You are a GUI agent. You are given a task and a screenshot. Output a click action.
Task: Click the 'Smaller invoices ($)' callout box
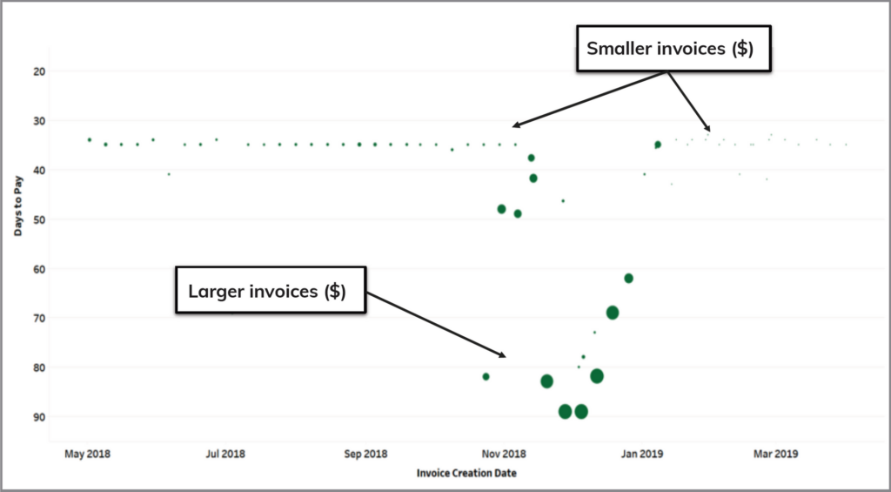[x=669, y=49]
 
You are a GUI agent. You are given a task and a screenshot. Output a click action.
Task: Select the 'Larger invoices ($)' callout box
[x=266, y=291]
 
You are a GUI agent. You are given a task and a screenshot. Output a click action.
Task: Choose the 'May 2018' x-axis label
[x=88, y=454]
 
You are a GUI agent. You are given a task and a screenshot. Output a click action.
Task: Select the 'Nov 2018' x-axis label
[x=505, y=454]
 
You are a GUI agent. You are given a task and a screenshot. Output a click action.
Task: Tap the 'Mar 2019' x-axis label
[x=775, y=454]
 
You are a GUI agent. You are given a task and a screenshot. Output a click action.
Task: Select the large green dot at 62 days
[x=628, y=278]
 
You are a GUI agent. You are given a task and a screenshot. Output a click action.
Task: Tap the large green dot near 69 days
[x=613, y=313]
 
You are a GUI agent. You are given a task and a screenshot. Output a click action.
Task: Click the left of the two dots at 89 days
[x=565, y=412]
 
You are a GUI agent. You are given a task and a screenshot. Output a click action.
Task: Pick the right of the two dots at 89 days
[x=581, y=412]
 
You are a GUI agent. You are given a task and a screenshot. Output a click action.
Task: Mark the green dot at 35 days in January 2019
[x=658, y=145]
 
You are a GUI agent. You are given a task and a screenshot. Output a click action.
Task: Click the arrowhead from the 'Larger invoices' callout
[x=502, y=355]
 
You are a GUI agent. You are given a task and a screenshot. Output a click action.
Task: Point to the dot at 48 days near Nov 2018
[x=501, y=209]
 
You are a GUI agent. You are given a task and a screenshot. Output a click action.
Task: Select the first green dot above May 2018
[x=89, y=139]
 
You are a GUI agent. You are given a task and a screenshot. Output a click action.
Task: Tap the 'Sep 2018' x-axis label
[x=365, y=454]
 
